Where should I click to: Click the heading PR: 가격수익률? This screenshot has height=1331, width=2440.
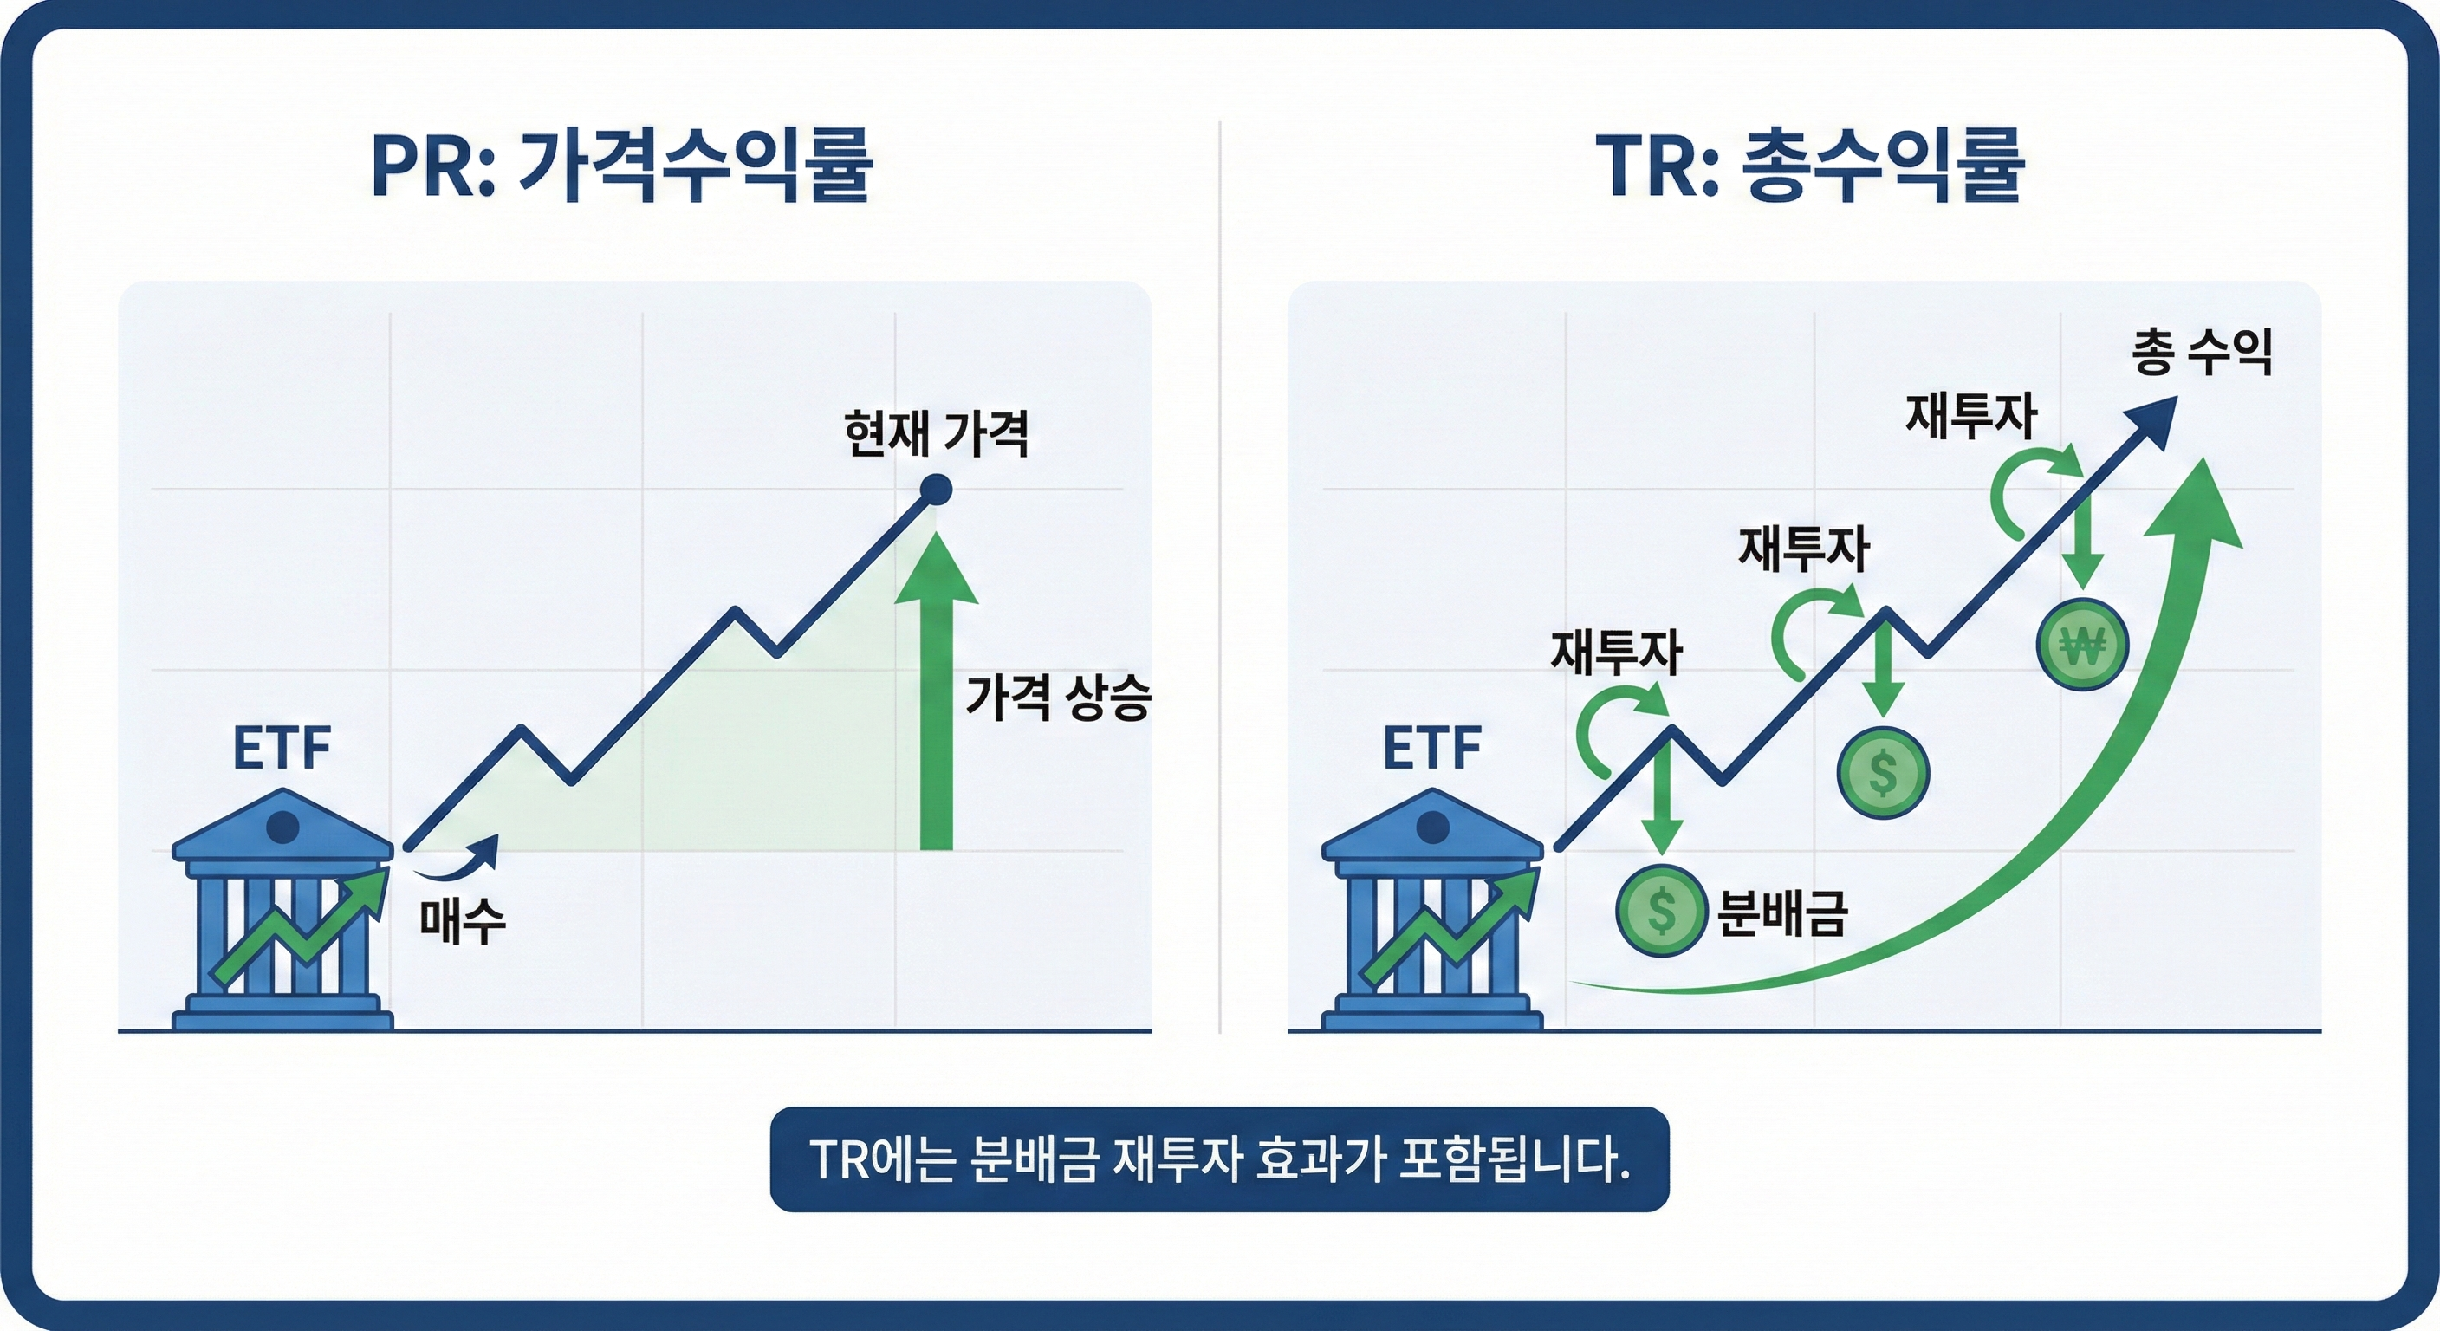click(x=620, y=166)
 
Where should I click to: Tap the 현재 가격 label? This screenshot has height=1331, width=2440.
click(x=935, y=434)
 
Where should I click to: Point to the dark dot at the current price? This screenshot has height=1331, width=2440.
click(x=936, y=490)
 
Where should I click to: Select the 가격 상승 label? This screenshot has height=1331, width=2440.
click(x=1057, y=698)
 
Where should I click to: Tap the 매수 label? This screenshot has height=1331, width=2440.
click(x=462, y=920)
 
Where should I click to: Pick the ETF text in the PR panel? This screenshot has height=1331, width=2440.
click(x=282, y=749)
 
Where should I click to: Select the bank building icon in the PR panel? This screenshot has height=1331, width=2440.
click(x=282, y=910)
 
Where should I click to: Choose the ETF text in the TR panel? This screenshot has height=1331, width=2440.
click(x=1431, y=749)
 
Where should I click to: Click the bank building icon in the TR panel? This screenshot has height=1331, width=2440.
click(x=1432, y=910)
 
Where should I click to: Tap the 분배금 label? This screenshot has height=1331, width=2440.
click(x=1781, y=913)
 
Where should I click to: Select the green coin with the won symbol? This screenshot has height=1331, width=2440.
click(x=2082, y=645)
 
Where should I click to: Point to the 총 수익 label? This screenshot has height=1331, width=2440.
click(x=2203, y=353)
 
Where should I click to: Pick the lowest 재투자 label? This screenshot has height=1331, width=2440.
click(x=1616, y=653)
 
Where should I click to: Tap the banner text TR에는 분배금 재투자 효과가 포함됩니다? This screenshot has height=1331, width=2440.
click(x=1219, y=1159)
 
